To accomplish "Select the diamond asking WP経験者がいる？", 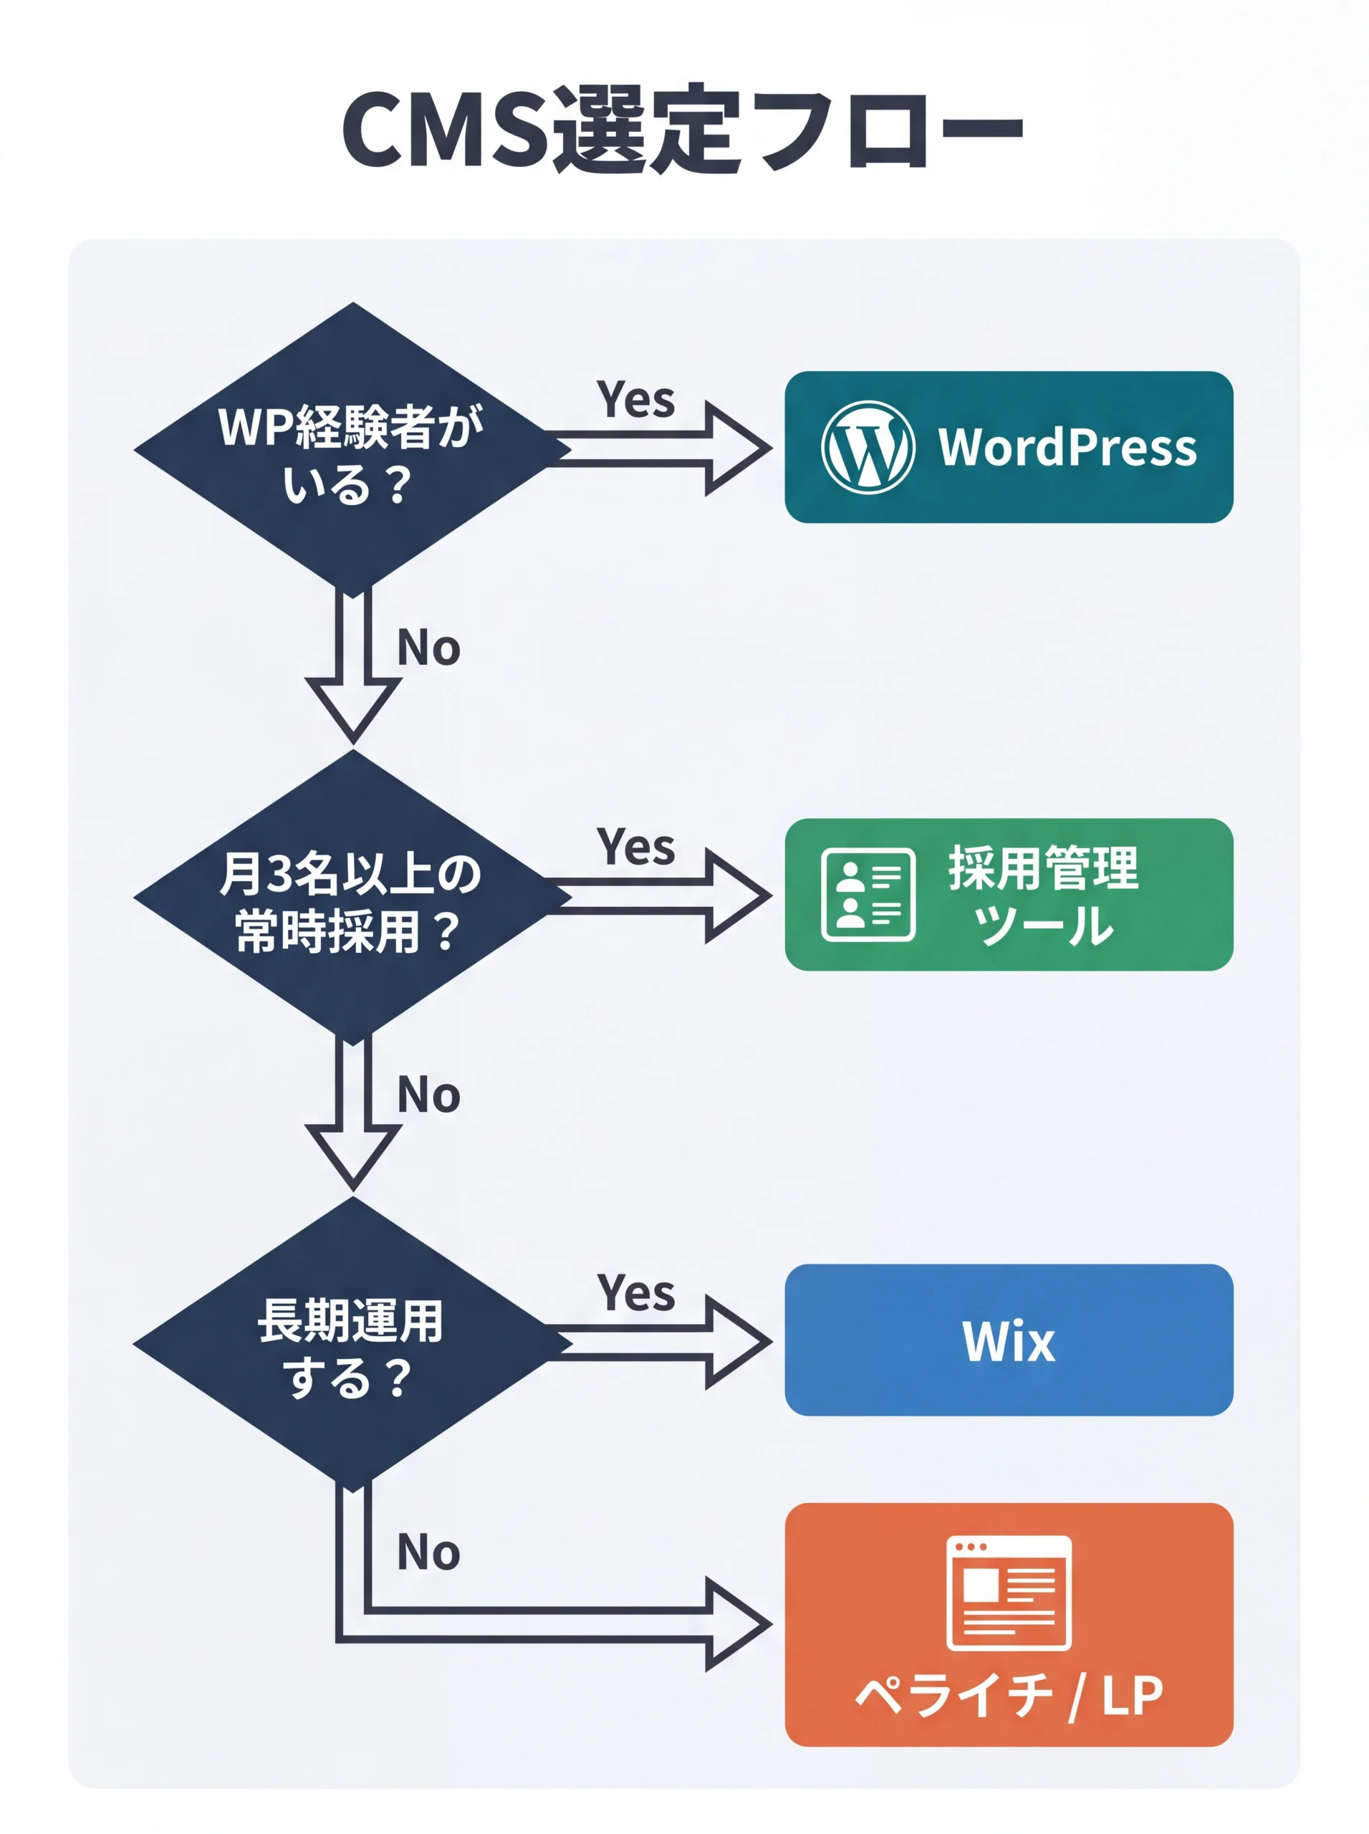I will [x=352, y=451].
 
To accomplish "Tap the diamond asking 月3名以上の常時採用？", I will [x=352, y=899].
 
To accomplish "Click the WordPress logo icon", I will [x=868, y=448].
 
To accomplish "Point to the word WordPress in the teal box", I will [x=1067, y=448].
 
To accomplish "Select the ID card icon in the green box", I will [x=868, y=895].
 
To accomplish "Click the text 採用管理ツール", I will [x=1043, y=895].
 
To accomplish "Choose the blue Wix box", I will [x=1009, y=1340].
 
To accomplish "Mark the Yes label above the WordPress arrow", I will [x=635, y=400].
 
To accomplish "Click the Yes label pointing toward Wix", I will [x=635, y=1293].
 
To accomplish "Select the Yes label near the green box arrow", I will [x=635, y=847].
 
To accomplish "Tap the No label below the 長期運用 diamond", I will [x=428, y=1552].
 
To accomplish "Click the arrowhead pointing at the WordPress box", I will [x=738, y=448].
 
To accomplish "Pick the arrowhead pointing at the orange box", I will [x=738, y=1624].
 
